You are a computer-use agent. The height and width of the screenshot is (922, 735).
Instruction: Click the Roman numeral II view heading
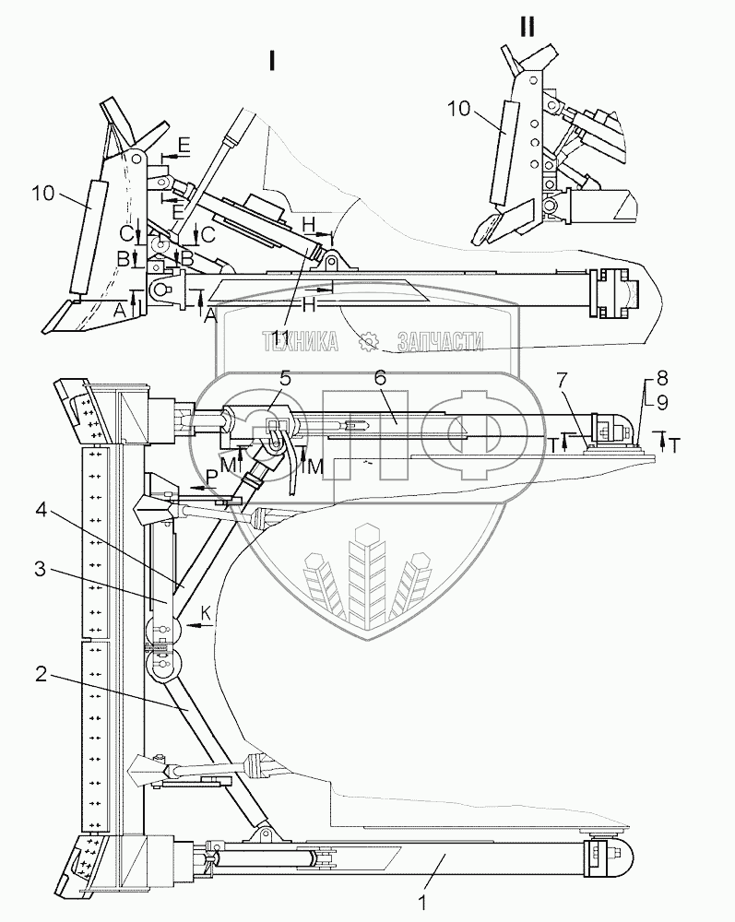[528, 27]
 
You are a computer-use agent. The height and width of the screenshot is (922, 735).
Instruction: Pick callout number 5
[286, 377]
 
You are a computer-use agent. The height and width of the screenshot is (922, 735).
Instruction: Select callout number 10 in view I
[42, 194]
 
